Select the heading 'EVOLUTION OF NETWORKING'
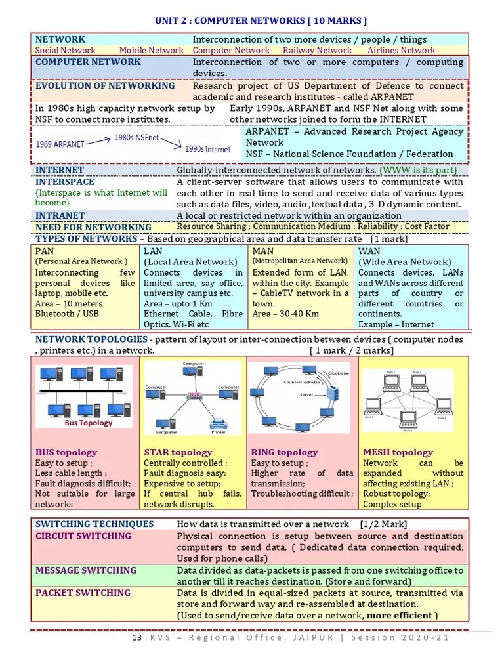105,85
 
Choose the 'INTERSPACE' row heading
65,182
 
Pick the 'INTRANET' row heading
60,215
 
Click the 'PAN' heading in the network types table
45,251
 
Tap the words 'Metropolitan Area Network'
300,261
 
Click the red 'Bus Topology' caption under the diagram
88,423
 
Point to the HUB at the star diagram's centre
193,396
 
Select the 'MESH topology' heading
398,452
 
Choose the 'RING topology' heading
284,452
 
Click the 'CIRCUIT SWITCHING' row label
83,536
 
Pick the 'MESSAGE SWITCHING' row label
86,570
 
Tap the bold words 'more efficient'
400,615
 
